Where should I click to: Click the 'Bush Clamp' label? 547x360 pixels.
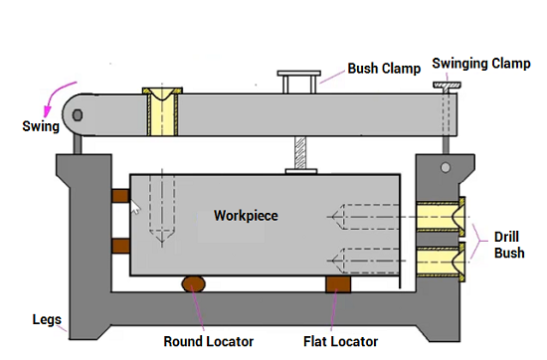[x=384, y=69]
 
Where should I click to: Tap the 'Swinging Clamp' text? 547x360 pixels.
[x=481, y=64]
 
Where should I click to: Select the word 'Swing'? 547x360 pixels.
[x=41, y=126]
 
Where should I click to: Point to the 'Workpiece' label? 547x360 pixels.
[x=246, y=216]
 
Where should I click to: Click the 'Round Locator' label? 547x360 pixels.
[x=209, y=341]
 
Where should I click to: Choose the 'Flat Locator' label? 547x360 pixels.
[x=340, y=341]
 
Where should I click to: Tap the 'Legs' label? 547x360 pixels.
[x=47, y=320]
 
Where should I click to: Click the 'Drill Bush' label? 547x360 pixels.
[x=509, y=245]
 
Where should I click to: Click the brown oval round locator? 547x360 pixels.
[x=194, y=283]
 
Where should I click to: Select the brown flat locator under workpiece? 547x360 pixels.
[x=338, y=284]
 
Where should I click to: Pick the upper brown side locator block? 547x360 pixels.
[x=120, y=196]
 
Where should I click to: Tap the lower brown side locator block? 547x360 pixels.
[x=120, y=246]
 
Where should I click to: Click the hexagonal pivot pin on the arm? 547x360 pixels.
[x=78, y=115]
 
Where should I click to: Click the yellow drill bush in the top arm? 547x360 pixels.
[x=162, y=111]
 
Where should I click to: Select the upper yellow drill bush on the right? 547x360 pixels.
[x=441, y=217]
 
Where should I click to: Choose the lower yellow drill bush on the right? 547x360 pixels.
[x=441, y=262]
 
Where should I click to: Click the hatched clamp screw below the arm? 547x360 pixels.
[x=300, y=152]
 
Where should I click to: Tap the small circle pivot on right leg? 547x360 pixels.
[x=446, y=168]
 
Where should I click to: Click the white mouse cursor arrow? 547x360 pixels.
[x=134, y=207]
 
